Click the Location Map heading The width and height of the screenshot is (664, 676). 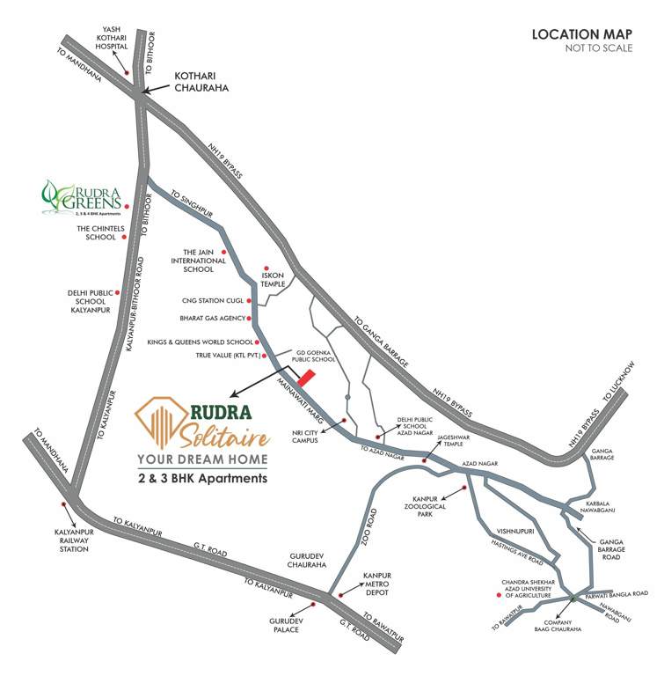[581, 34]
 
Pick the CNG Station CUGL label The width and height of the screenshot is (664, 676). [205, 300]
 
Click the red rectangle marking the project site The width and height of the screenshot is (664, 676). [305, 378]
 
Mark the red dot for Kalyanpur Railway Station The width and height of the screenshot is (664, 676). [63, 505]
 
